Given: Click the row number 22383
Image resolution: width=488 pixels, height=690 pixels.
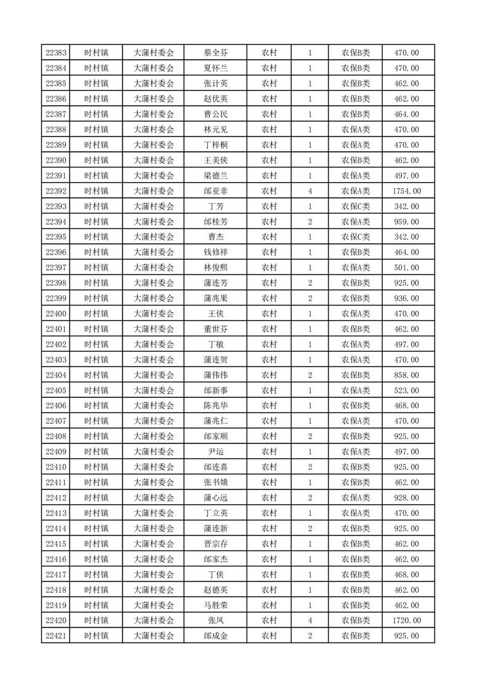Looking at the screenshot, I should [56, 53].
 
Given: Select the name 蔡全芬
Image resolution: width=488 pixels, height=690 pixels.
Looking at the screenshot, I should [215, 53].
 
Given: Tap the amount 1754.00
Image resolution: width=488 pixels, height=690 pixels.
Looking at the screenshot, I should [407, 191].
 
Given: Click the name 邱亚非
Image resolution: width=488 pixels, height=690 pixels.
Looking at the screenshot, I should [215, 191].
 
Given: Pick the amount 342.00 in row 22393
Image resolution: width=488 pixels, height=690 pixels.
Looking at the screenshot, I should [407, 207].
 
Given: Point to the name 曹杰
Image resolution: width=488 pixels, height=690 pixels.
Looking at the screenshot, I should [215, 237].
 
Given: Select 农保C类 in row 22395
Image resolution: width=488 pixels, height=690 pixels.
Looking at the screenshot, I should [356, 237].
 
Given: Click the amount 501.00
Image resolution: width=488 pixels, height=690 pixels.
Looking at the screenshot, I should [407, 268].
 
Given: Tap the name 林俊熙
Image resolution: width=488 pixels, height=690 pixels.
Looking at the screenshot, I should [215, 268].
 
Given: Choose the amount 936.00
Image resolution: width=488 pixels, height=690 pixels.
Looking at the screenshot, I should [407, 298].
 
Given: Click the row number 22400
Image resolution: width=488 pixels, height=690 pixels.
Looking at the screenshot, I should [56, 314].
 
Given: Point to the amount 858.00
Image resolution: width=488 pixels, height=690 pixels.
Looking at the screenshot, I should [407, 375].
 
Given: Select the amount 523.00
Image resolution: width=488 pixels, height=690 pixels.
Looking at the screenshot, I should [407, 391].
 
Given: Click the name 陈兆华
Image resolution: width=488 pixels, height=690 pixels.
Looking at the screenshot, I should [215, 406].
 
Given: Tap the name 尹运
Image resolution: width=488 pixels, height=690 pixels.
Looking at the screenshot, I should [215, 452].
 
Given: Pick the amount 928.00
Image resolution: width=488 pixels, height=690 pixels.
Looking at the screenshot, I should [407, 498].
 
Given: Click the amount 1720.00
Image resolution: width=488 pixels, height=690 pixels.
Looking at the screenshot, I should [407, 621].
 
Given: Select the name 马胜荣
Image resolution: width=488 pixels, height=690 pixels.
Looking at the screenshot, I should [215, 605].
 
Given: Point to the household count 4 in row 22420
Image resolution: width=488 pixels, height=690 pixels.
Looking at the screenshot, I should [310, 621].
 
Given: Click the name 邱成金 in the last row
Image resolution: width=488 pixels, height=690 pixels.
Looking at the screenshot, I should [215, 636].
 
